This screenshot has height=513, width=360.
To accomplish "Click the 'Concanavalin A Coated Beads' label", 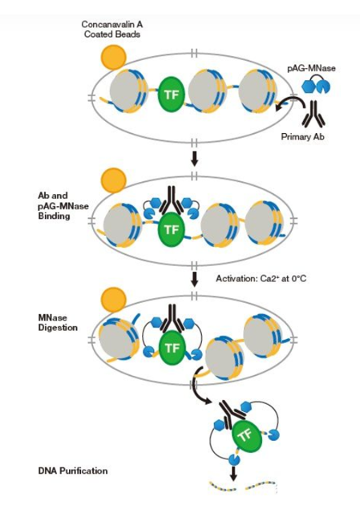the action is (x=112, y=29).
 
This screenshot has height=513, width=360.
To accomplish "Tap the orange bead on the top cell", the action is (x=113, y=58).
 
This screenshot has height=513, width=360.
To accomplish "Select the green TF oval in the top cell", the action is (x=171, y=95).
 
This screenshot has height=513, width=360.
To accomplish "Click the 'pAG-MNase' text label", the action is (x=311, y=68).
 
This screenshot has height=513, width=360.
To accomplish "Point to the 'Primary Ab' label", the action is (x=303, y=136).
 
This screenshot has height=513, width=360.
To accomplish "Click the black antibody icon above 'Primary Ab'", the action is (x=313, y=114).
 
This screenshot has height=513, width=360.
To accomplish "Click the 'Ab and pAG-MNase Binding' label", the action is (x=63, y=205).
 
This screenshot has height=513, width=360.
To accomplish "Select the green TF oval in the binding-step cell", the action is (x=171, y=230).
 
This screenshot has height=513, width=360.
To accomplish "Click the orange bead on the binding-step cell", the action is (x=113, y=180).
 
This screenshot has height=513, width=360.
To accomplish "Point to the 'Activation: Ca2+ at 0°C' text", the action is (x=261, y=278).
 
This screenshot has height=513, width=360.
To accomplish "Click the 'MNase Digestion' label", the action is (x=58, y=322).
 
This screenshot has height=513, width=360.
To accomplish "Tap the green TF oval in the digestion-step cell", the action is (x=172, y=348).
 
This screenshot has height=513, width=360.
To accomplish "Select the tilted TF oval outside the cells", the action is (x=247, y=435).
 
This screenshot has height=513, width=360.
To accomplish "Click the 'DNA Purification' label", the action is (x=73, y=471).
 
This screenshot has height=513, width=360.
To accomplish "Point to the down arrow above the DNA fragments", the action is (x=233, y=474).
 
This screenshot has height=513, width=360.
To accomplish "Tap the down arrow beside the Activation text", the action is (x=194, y=279).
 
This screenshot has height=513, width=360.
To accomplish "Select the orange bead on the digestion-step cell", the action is (x=113, y=300).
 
